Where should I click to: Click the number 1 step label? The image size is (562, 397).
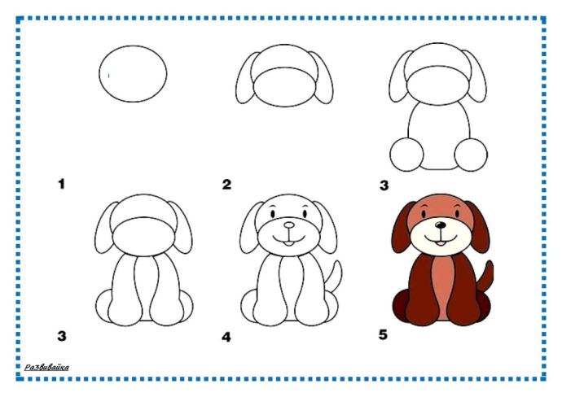[x=62, y=184]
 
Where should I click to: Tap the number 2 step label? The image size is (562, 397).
[x=226, y=185]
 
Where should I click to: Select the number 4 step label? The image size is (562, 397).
[x=226, y=337]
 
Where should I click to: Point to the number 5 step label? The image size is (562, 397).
[x=383, y=334]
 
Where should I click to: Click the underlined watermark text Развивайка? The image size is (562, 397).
[x=46, y=367]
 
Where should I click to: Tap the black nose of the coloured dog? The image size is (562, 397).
[x=441, y=225]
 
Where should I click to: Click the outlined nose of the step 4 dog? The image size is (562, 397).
[x=289, y=225]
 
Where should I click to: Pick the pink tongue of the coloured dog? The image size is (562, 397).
[x=440, y=243]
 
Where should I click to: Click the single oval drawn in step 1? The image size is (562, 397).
[x=133, y=73]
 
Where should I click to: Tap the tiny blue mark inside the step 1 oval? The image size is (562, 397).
[x=108, y=76]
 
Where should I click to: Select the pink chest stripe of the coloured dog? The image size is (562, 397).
[x=441, y=286]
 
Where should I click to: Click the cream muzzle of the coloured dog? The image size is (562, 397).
[x=441, y=237]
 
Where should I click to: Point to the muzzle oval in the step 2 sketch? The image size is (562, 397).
[x=285, y=86]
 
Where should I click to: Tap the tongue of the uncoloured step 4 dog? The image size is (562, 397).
[x=288, y=244]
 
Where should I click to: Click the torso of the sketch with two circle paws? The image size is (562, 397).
[x=439, y=136]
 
